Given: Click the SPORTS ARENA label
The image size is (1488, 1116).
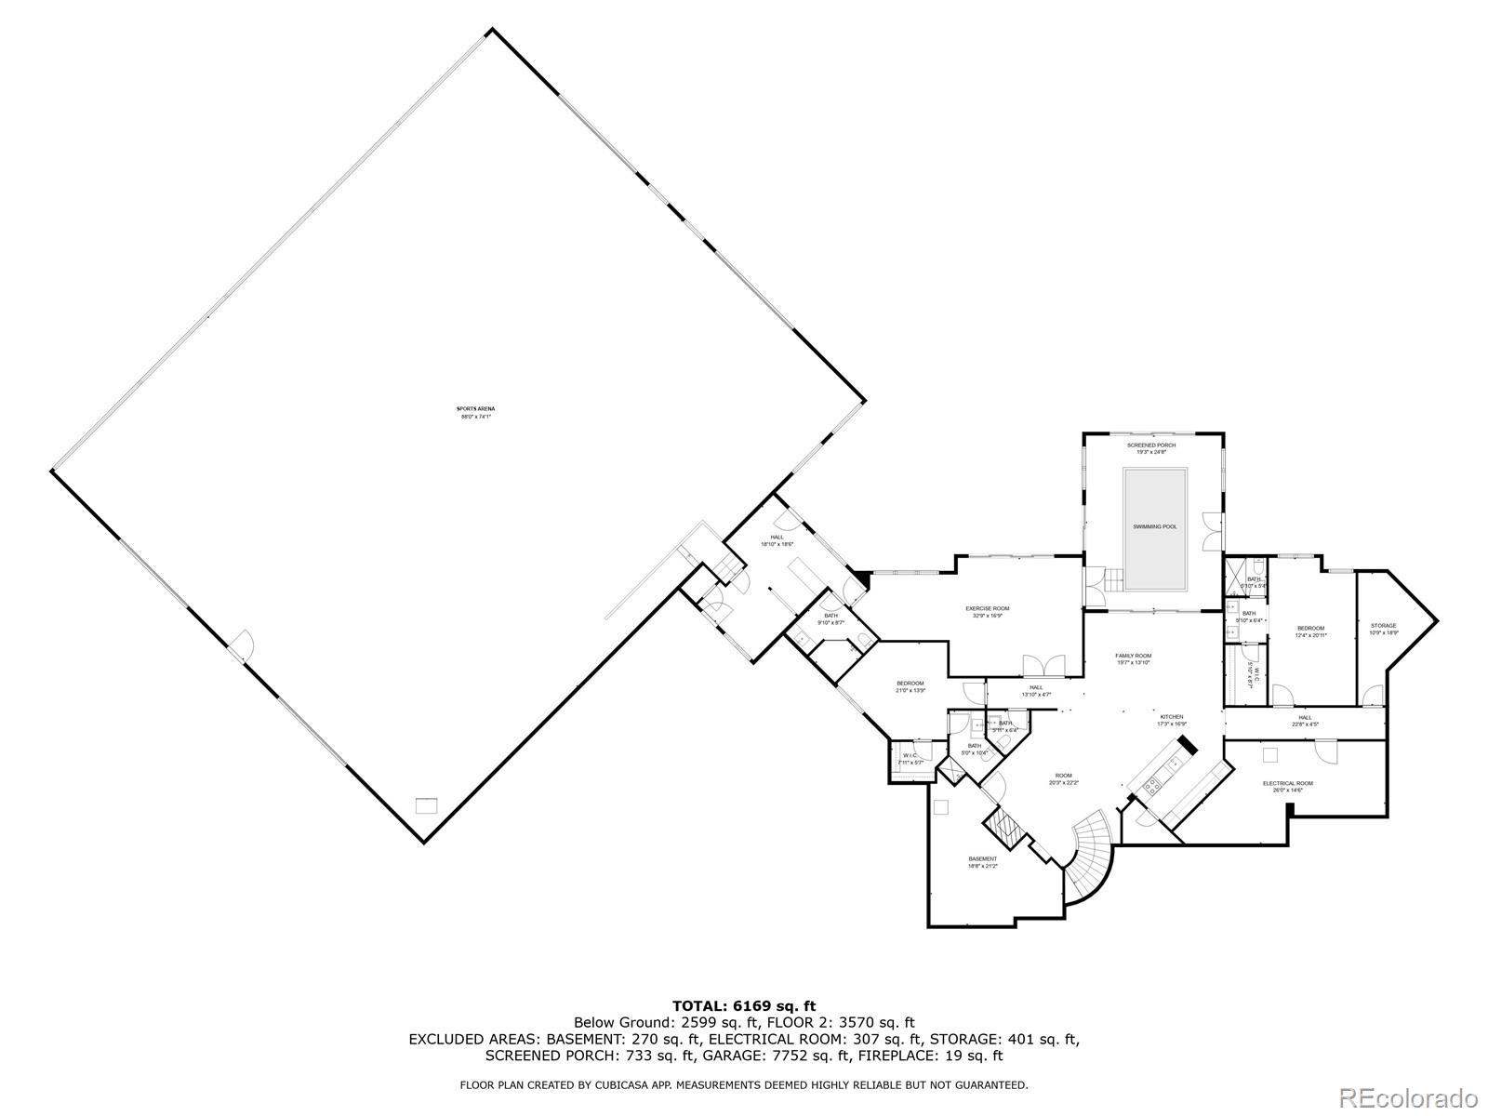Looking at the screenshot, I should [474, 409].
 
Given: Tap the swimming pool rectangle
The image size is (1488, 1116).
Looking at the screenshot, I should [1155, 528].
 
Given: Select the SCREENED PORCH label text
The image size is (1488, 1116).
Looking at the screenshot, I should [1151, 445].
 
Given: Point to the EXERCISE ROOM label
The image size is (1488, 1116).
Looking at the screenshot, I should [987, 608].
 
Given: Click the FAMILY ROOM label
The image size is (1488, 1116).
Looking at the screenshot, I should [1134, 656].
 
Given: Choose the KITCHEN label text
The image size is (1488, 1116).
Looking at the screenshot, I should [1171, 716].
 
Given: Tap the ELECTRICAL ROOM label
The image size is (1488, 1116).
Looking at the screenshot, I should [1288, 783].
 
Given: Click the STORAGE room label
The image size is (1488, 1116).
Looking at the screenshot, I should [1383, 626].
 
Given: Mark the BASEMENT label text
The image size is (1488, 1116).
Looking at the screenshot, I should [983, 858].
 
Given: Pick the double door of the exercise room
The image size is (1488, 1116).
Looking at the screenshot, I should [1043, 666].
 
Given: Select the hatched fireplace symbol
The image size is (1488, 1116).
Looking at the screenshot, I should [1004, 825].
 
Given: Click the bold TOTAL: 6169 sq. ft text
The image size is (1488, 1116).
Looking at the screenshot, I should [744, 1005].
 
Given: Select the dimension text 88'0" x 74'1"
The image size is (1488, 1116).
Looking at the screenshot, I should [474, 417].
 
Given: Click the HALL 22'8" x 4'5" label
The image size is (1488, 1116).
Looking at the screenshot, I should [1305, 721].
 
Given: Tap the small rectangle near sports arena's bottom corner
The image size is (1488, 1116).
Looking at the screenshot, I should [426, 805].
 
